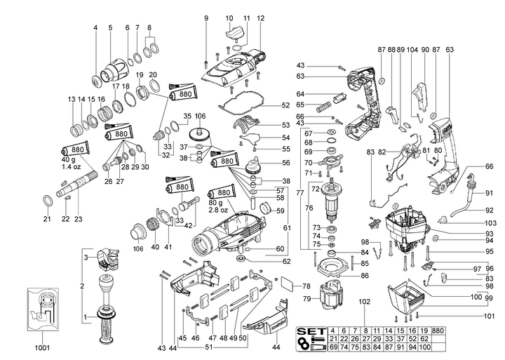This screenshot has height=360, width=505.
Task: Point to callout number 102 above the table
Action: pyautogui.click(x=364, y=302)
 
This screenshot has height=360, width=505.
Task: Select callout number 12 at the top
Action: pyautogui.click(x=261, y=18)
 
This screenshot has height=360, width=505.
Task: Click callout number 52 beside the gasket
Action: pyautogui.click(x=285, y=105)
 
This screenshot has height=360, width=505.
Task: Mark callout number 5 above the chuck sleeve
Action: pyautogui.click(x=110, y=28)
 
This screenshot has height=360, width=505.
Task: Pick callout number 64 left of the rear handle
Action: pyautogui.click(x=299, y=94)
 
